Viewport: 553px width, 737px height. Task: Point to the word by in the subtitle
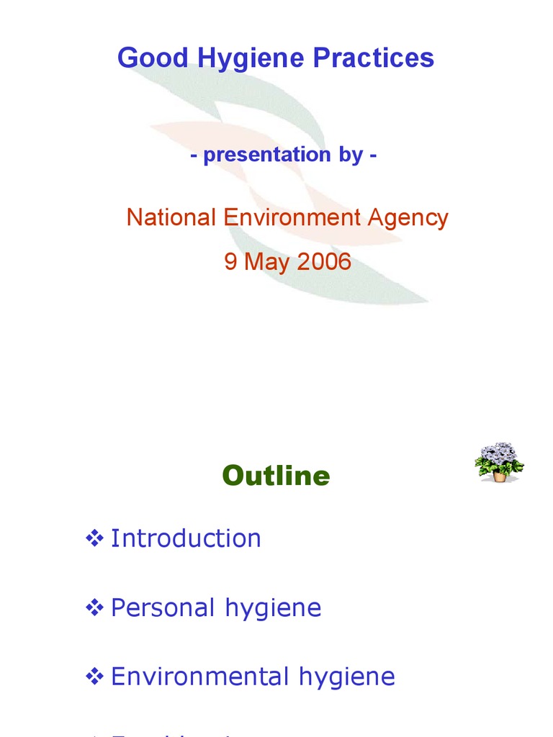pyautogui.click(x=353, y=154)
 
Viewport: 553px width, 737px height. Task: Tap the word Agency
pyautogui.click(x=413, y=217)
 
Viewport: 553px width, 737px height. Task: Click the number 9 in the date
pyautogui.click(x=230, y=261)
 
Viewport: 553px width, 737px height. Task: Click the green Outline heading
pyautogui.click(x=276, y=476)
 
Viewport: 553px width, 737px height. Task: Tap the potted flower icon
pyautogui.click(x=499, y=462)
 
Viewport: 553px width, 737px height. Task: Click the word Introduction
pyautogui.click(x=186, y=538)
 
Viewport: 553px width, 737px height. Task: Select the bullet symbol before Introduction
pyautogui.click(x=94, y=538)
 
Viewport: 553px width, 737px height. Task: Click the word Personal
pyautogui.click(x=163, y=607)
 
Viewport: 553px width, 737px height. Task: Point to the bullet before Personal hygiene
pyautogui.click(x=94, y=607)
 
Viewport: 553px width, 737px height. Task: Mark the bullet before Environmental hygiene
pyautogui.click(x=94, y=677)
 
